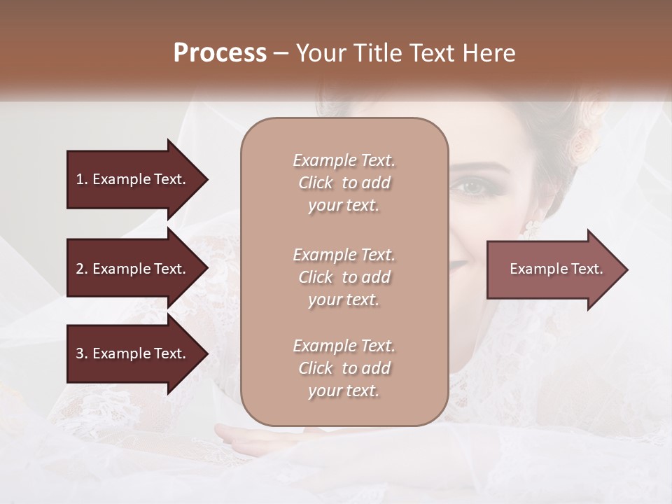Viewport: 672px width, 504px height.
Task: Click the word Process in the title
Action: (x=220, y=53)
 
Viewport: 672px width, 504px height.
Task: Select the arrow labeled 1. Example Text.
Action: (x=133, y=179)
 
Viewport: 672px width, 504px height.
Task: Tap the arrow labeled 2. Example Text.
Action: (x=133, y=269)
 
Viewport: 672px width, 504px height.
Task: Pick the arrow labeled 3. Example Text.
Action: (x=133, y=353)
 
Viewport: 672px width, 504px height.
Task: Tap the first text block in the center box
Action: (x=344, y=183)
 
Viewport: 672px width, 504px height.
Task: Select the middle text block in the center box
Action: (x=344, y=277)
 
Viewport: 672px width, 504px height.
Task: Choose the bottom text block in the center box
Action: (x=344, y=368)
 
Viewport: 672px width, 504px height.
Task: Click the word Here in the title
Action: (x=493, y=53)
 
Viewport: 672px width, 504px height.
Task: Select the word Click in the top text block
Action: (x=315, y=183)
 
